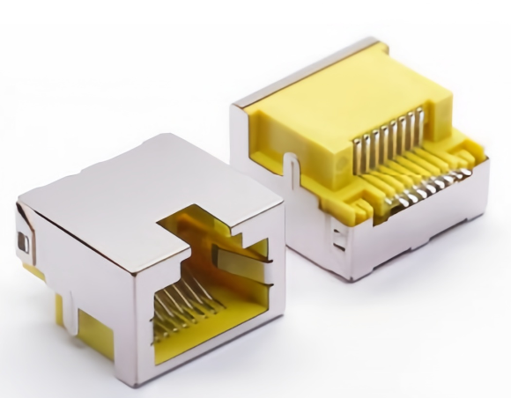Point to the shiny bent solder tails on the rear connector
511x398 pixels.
(423, 189)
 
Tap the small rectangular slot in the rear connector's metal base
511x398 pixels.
(337, 233)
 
